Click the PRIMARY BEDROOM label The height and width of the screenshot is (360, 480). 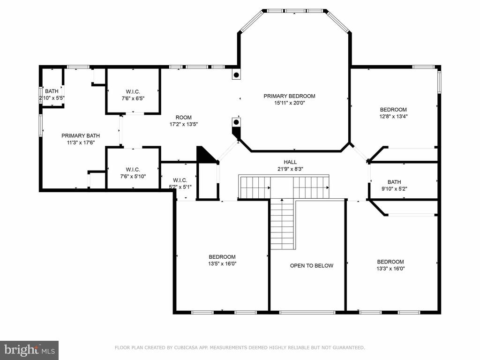tap(289, 96)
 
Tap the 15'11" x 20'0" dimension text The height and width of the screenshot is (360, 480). tap(290, 103)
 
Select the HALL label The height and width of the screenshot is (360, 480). tap(290, 162)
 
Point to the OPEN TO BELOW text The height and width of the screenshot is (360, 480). tap(312, 266)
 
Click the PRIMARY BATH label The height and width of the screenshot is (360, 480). tap(81, 135)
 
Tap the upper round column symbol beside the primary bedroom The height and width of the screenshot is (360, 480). tap(236, 75)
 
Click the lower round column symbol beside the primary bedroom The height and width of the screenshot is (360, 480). tap(236, 122)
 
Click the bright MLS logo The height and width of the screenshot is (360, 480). tap(30, 350)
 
